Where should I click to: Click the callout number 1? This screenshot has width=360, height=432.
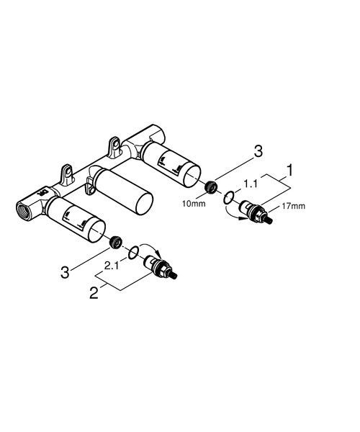point(289,171)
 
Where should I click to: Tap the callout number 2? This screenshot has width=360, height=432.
point(94,292)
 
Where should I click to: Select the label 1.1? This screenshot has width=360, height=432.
point(251,184)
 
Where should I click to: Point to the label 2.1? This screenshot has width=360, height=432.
point(112,266)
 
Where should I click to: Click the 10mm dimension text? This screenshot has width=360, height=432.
point(194,204)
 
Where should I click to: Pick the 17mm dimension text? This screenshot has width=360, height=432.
point(293,206)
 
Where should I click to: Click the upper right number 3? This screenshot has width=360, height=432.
point(258,151)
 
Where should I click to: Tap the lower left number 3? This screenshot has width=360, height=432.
point(65,272)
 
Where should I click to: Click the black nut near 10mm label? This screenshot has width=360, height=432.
point(211,186)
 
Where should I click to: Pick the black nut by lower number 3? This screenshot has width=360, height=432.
point(115,241)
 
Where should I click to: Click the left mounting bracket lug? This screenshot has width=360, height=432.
point(67,176)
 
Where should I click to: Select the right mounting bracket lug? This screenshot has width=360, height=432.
point(114,147)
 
